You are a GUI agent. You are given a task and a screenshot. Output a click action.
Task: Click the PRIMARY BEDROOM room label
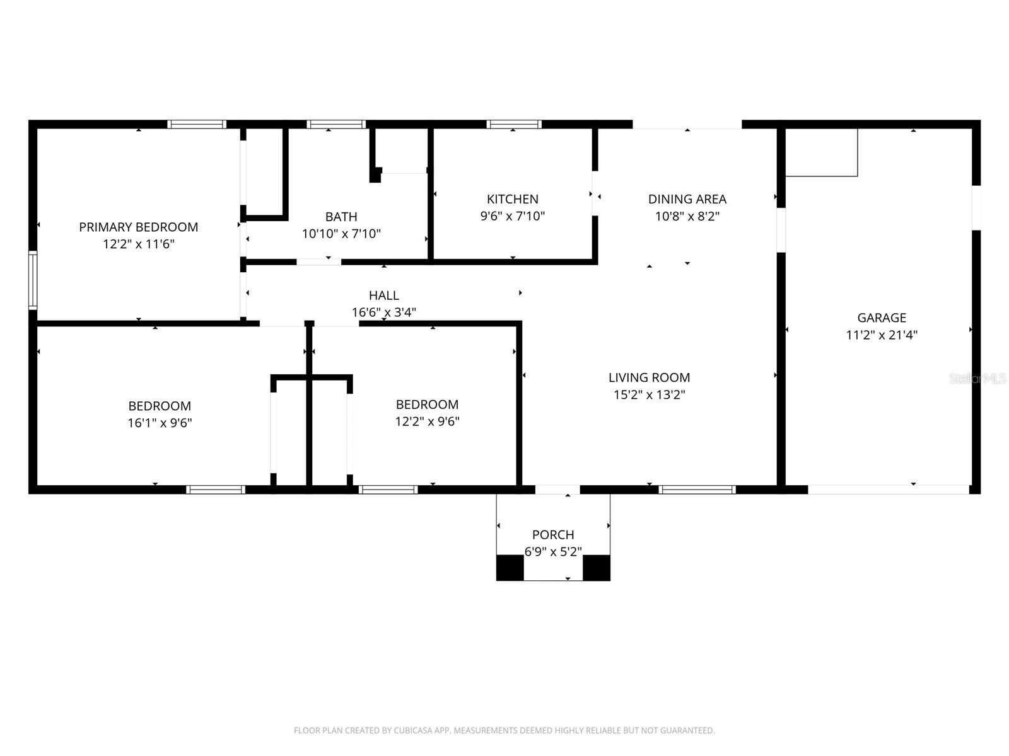138,227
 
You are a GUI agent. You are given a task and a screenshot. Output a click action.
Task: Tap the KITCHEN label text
513,199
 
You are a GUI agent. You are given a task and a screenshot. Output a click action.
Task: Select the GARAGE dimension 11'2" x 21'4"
882,335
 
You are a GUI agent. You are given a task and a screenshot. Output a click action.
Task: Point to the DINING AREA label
687,199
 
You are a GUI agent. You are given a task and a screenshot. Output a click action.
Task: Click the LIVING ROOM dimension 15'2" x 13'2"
649,395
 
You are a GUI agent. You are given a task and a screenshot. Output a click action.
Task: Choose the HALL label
384,295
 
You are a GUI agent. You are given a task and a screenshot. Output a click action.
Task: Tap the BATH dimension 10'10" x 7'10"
341,234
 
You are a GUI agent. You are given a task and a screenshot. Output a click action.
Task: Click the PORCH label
553,535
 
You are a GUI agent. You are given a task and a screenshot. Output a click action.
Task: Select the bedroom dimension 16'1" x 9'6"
160,423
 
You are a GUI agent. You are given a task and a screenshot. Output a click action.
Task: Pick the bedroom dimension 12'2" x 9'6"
427,421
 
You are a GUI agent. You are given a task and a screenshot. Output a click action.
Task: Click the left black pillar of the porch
510,568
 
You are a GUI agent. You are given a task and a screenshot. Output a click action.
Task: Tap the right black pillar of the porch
596,568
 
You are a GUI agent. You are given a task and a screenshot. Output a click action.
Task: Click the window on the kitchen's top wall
514,124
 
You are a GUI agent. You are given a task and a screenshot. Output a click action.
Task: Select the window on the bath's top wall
336,124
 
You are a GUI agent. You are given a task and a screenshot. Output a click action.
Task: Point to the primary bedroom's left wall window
33,280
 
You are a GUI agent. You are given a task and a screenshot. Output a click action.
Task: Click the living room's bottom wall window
697,490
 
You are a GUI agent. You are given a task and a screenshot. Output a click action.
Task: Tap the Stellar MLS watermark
977,378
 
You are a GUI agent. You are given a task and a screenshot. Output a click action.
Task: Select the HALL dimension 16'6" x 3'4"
384,312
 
